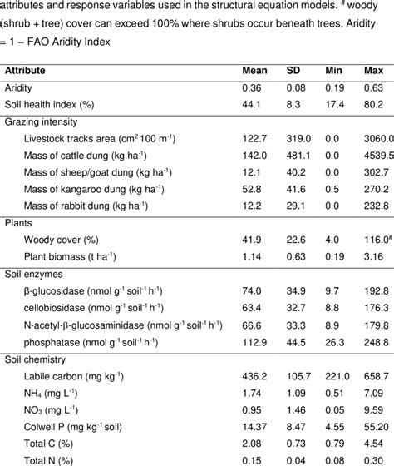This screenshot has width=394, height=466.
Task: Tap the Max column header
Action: (x=373, y=70)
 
